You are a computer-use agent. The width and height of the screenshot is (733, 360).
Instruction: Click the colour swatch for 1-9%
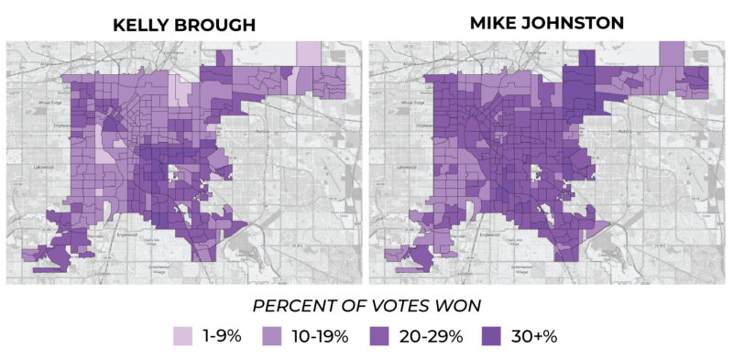[x=186, y=335]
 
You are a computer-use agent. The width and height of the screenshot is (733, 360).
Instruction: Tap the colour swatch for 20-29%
[x=383, y=335]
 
